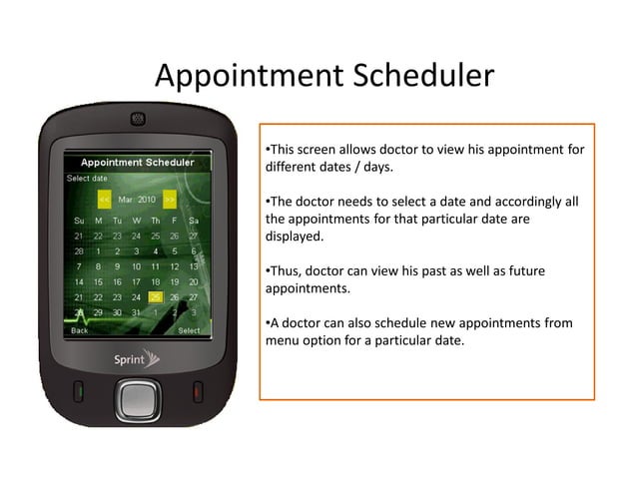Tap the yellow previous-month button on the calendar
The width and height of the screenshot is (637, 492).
[x=104, y=198]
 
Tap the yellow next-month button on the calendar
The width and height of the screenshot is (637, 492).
[x=170, y=198]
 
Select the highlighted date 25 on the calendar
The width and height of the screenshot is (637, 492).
[x=155, y=296]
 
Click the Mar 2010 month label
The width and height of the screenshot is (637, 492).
[x=137, y=198]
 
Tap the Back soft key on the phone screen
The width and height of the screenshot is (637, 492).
[x=79, y=330]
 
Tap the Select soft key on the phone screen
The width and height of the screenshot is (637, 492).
[x=188, y=330]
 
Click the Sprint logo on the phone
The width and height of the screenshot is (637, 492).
[x=136, y=356]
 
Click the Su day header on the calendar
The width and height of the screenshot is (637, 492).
[x=79, y=220]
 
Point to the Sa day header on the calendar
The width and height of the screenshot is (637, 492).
[x=193, y=220]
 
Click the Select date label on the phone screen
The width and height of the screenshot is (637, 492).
[x=87, y=179]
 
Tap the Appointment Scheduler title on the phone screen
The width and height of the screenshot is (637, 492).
[x=137, y=162]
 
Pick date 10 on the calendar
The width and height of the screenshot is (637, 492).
[x=136, y=266]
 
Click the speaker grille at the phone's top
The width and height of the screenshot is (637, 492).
[x=136, y=119]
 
